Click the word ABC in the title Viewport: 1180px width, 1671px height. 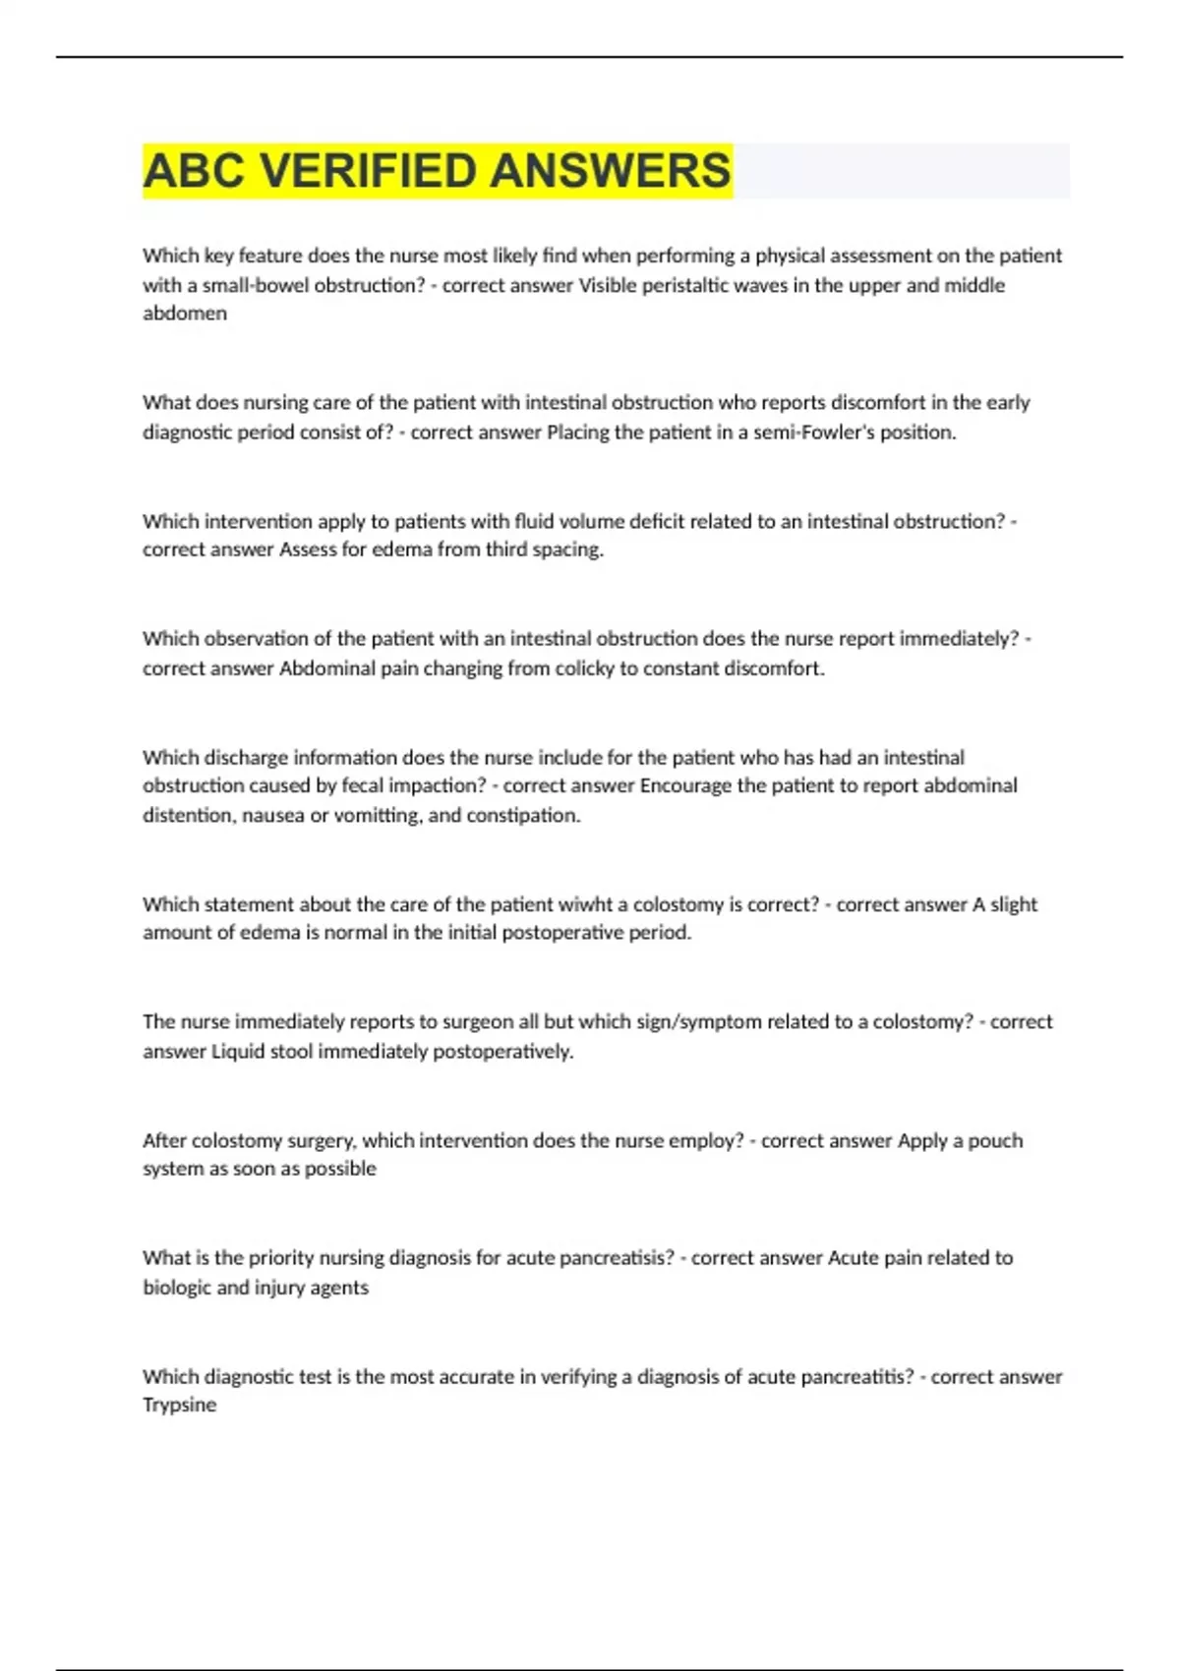click(194, 170)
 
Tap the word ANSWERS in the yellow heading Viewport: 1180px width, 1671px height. click(610, 170)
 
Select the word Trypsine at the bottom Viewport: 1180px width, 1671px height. click(179, 1405)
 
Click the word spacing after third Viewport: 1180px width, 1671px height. click(567, 549)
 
